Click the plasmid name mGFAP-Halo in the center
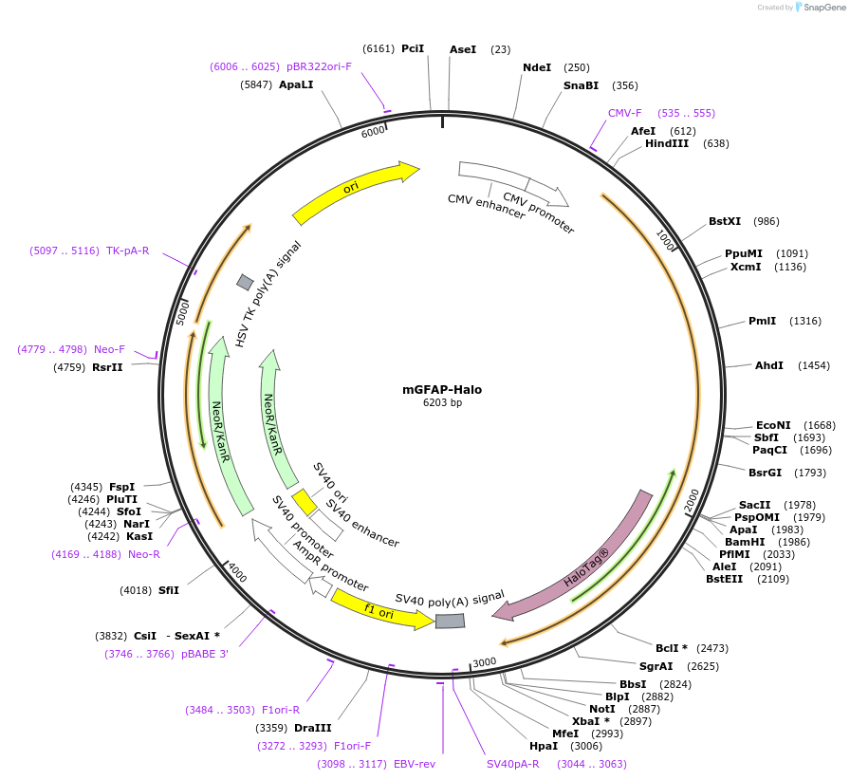coord(442,389)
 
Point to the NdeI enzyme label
coord(537,67)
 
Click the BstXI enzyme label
coord(725,221)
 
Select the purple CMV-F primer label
coord(625,113)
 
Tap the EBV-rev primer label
coord(415,764)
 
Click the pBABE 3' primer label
coord(205,654)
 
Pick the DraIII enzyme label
coord(313,728)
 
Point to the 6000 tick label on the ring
coord(373,132)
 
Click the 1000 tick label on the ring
coord(665,241)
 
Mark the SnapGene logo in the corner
coord(819,8)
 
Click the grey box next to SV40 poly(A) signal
coord(451,621)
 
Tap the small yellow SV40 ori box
coord(305,501)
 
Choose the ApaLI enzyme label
coord(296,84)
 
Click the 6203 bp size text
coord(442,403)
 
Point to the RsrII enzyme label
coord(107,367)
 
